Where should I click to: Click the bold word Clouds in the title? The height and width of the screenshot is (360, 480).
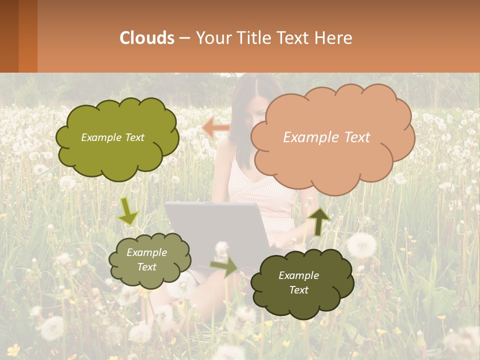[147, 38]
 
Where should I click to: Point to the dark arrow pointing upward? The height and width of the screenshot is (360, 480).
[318, 221]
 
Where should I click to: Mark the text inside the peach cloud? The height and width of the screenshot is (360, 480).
[326, 137]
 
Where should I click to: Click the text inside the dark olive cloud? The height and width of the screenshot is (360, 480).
[299, 282]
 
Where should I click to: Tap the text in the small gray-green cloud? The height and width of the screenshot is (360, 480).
[147, 260]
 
